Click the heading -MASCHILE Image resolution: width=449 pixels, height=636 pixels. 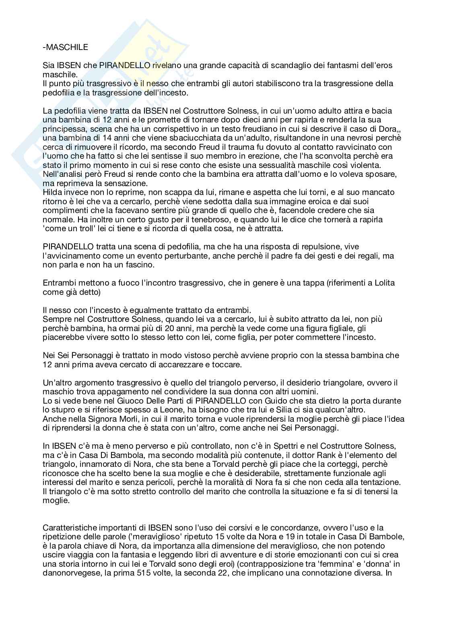[65, 47]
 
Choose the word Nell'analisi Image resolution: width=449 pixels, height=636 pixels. [64, 174]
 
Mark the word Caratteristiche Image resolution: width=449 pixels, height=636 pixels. [70, 528]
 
